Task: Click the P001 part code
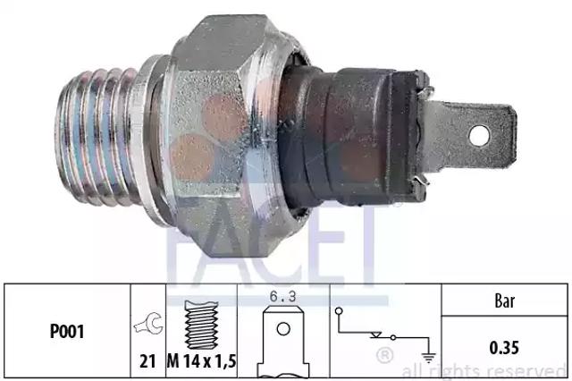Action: (67, 332)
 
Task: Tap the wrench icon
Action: (148, 324)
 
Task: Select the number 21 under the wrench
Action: (147, 361)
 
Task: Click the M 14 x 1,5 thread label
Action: (202, 361)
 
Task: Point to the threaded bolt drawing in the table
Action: (201, 325)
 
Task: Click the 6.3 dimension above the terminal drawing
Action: (282, 296)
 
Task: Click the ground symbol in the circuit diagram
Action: (429, 357)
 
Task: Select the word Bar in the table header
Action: (505, 301)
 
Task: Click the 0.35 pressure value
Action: (504, 347)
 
